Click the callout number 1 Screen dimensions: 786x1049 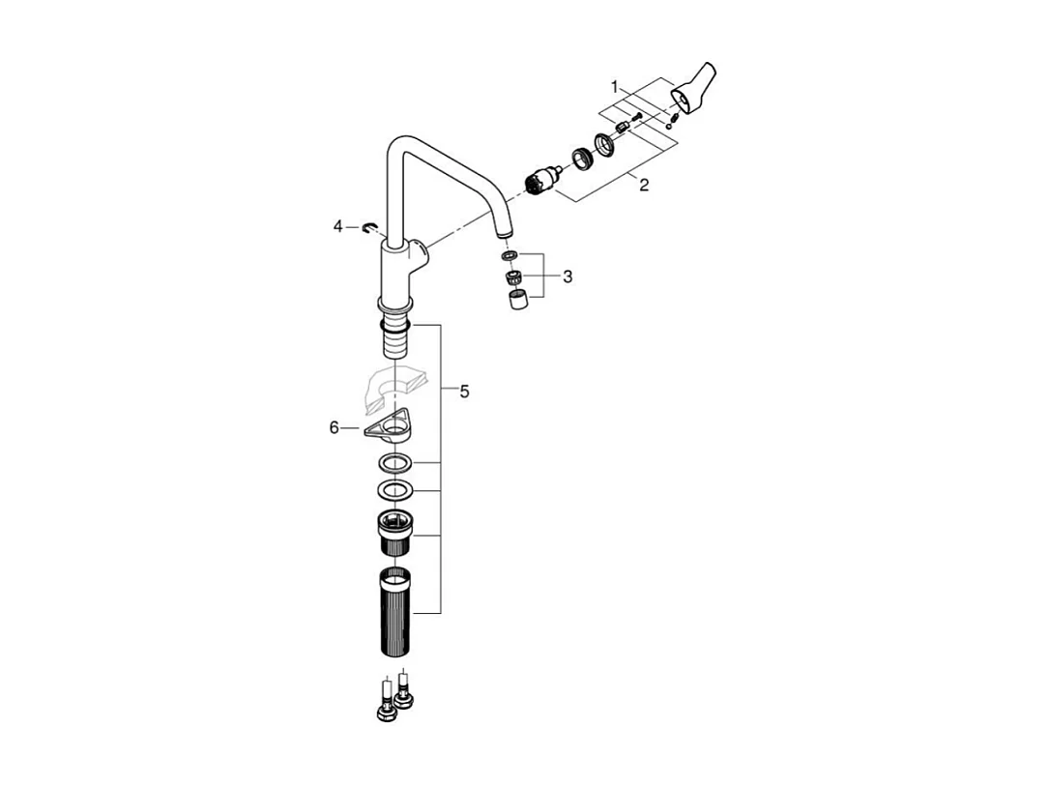(614, 87)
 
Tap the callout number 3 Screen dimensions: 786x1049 (568, 277)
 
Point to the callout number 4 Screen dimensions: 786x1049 (338, 226)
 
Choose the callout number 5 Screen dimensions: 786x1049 (464, 392)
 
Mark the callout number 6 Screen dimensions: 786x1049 (335, 427)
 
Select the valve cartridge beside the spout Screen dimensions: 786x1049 (544, 181)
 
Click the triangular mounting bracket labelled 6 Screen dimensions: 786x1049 (391, 426)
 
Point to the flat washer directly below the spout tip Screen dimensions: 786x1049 (510, 256)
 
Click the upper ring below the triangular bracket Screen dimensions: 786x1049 (394, 462)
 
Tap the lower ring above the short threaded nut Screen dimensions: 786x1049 (394, 488)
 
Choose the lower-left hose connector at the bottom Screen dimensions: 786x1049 (385, 707)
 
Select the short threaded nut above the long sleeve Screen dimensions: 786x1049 (394, 531)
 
